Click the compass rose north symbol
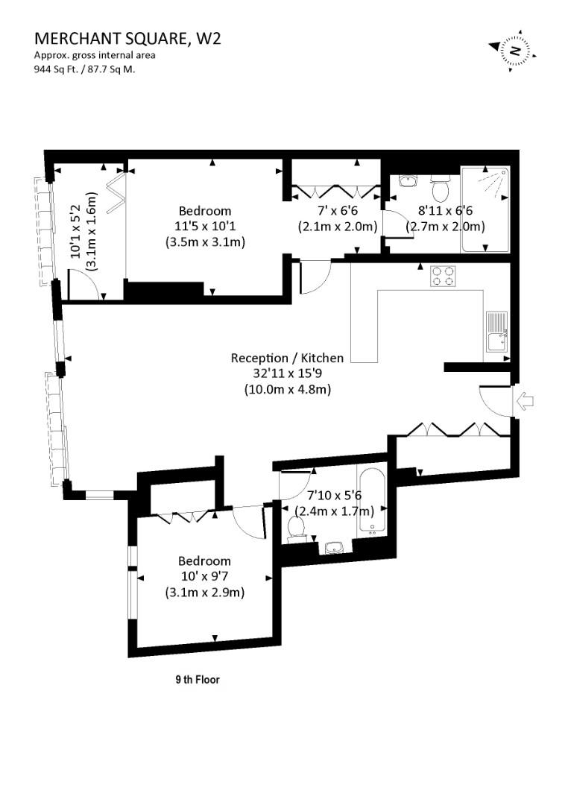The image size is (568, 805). (513, 51)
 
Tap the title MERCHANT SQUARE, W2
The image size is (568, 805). (127, 39)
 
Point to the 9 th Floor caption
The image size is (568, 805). (198, 680)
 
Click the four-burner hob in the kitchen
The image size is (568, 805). (444, 276)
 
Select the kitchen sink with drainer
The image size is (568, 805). (497, 332)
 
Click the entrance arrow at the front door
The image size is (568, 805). (525, 401)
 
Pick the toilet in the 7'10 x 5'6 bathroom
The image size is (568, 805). (297, 529)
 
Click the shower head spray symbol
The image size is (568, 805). (493, 180)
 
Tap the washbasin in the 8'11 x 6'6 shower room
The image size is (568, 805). (408, 180)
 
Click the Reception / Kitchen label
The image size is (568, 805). (287, 358)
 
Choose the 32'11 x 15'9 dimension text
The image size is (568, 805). (287, 373)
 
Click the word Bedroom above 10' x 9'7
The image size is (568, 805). (204, 561)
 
